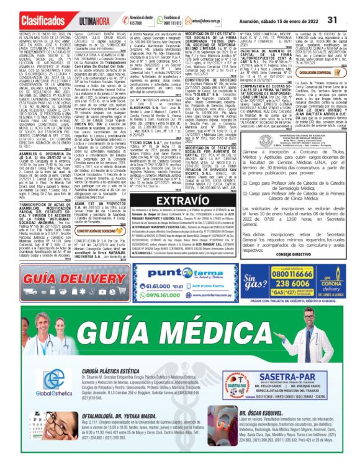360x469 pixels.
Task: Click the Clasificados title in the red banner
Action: [x=31, y=9]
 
